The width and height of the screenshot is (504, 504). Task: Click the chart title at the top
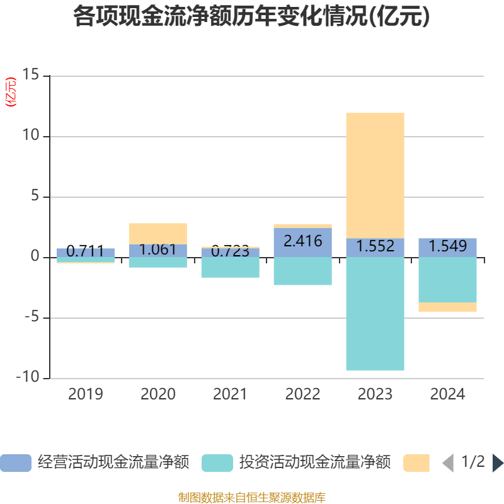251,17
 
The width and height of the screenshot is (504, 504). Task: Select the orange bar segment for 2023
375,175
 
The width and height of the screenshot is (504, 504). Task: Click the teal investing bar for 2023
375,314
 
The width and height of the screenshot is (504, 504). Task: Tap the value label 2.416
302,241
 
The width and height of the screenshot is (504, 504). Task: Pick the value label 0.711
85,251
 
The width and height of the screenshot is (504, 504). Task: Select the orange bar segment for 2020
157,233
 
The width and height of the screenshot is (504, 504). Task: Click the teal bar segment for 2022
302,271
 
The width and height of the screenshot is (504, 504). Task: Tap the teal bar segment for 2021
230,267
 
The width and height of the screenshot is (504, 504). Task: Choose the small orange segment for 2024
447,307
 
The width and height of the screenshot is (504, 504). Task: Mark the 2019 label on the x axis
85,395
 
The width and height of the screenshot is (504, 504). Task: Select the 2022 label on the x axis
302,395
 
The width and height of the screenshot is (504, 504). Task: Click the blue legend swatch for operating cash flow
16,463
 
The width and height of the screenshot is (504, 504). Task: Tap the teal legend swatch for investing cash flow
217,463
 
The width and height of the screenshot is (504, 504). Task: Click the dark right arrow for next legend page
498,463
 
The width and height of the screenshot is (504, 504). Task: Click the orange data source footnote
251,498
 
